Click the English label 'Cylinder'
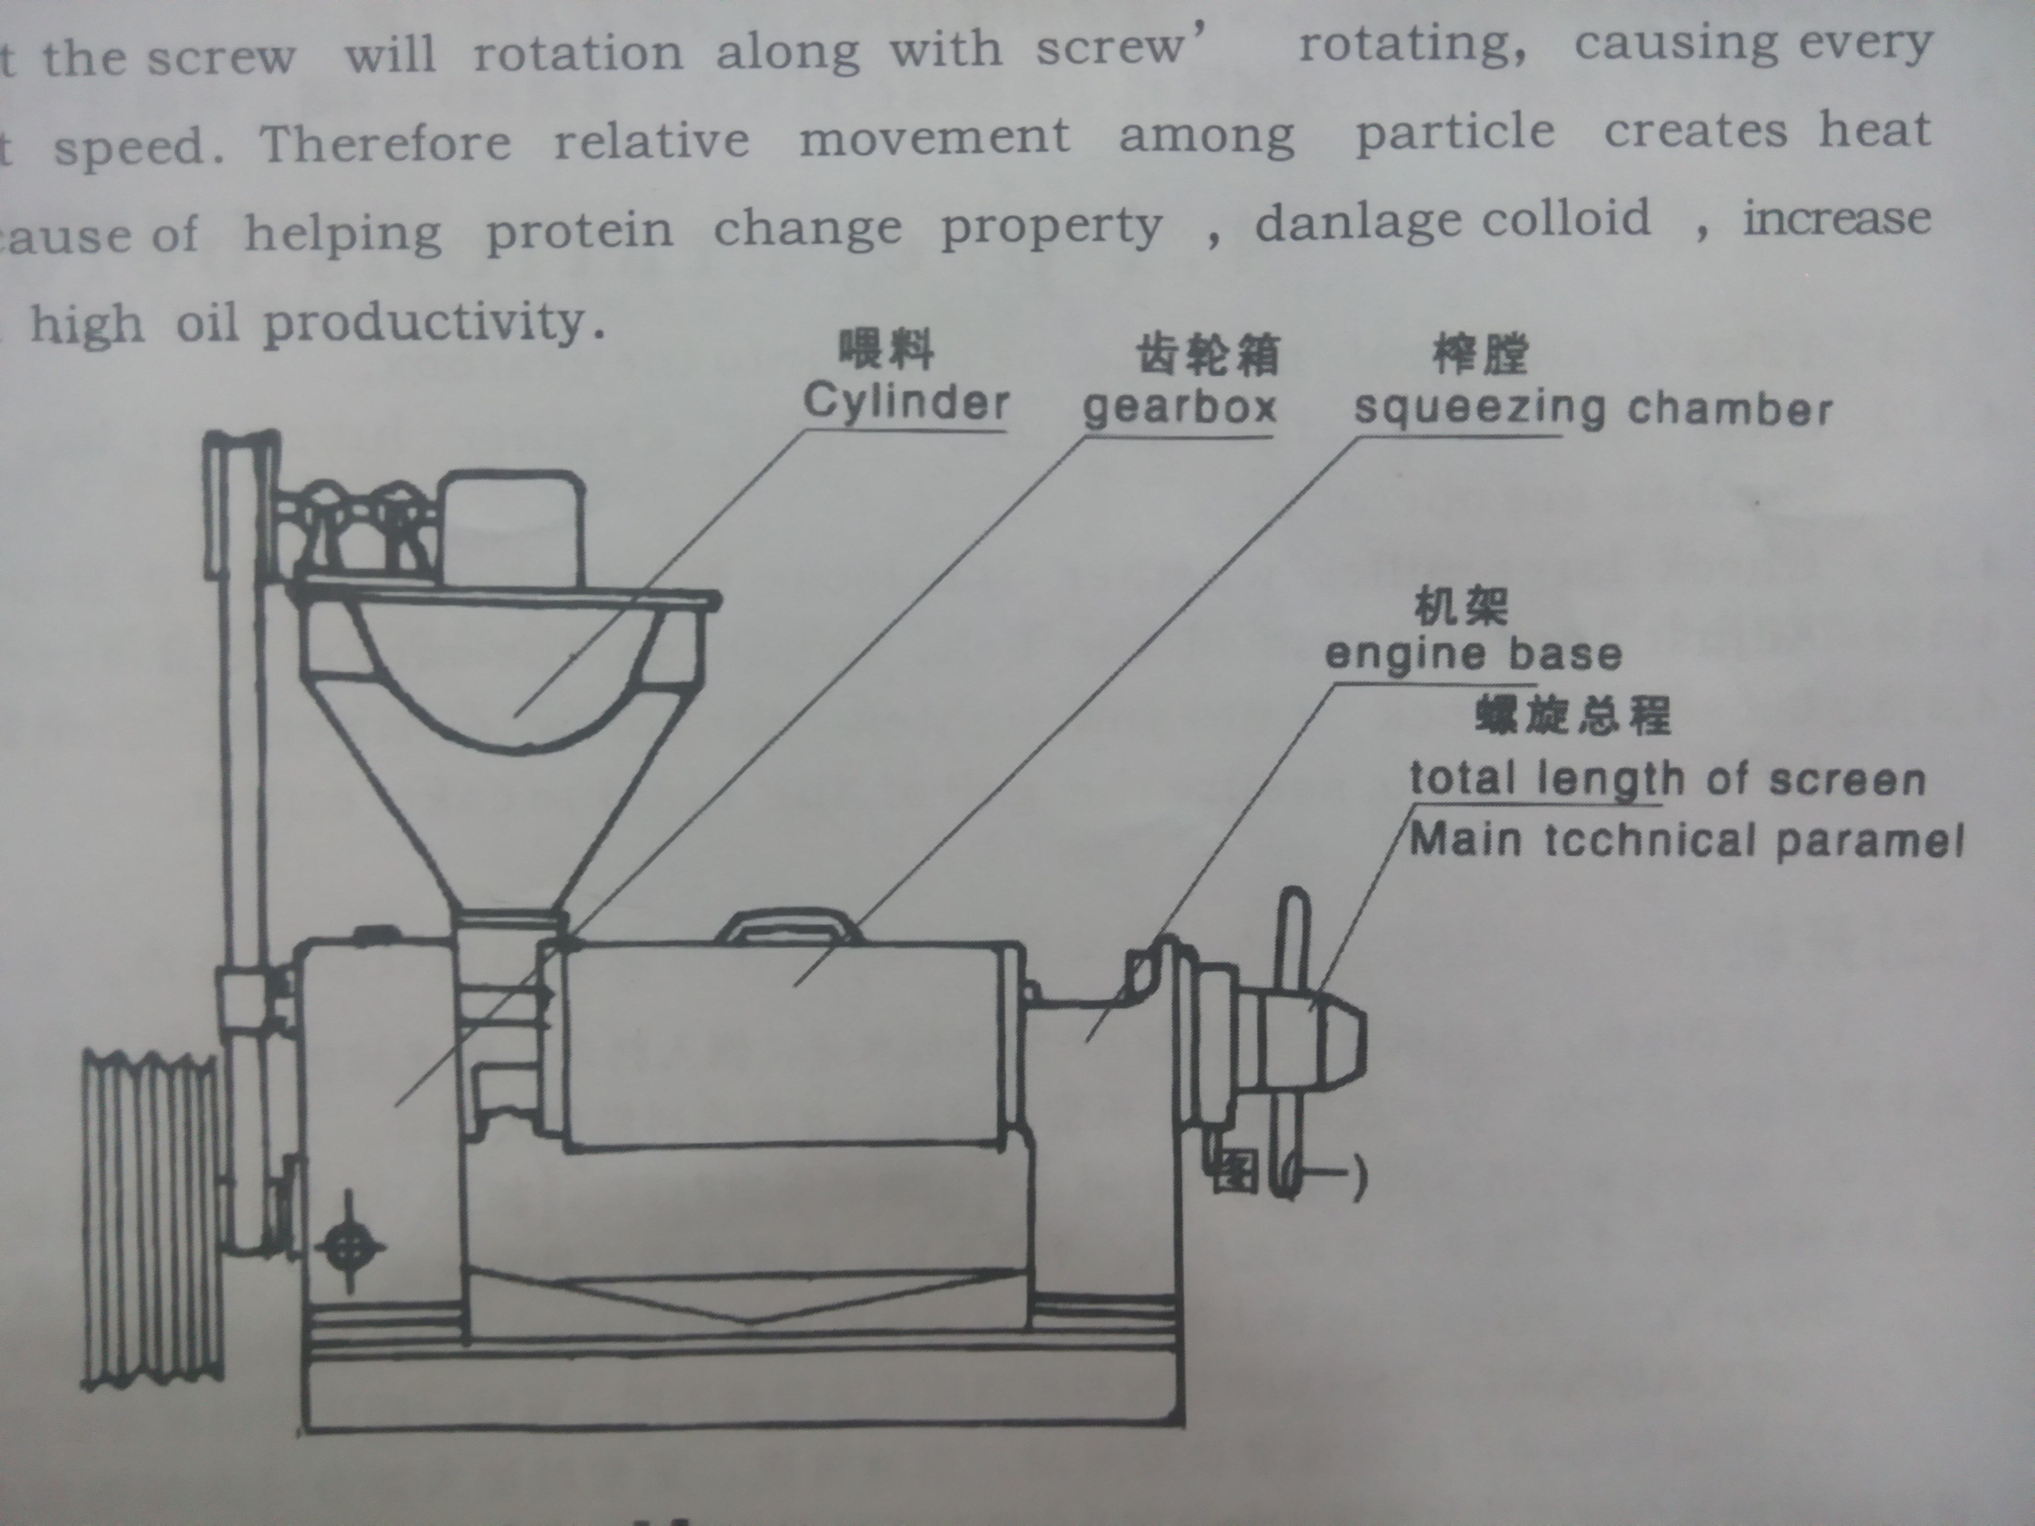(x=906, y=402)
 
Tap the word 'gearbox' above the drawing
(x=1179, y=406)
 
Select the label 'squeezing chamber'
(x=1592, y=409)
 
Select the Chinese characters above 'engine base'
(x=1461, y=607)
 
